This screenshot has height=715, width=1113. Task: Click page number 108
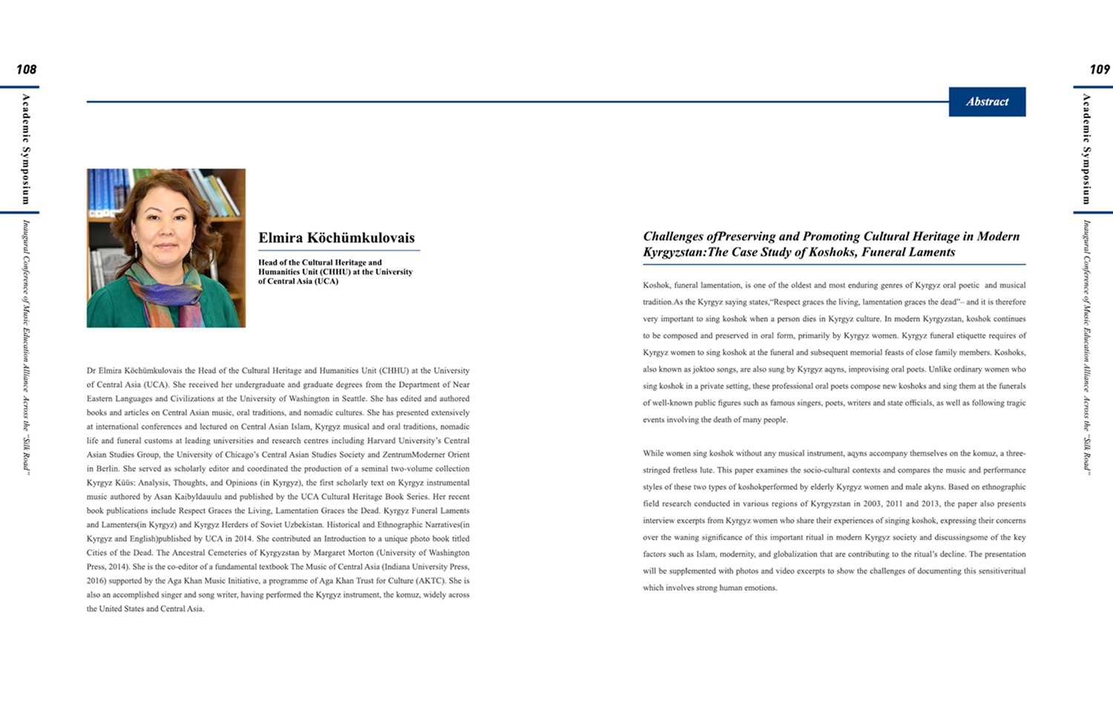point(26,70)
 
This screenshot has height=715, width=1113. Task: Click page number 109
point(1099,70)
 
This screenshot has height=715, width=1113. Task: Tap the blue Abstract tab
point(987,102)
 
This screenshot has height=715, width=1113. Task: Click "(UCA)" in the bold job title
point(323,282)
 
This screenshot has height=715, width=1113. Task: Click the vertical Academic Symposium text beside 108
point(26,148)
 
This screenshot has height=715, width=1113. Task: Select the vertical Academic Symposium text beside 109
point(1086,148)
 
